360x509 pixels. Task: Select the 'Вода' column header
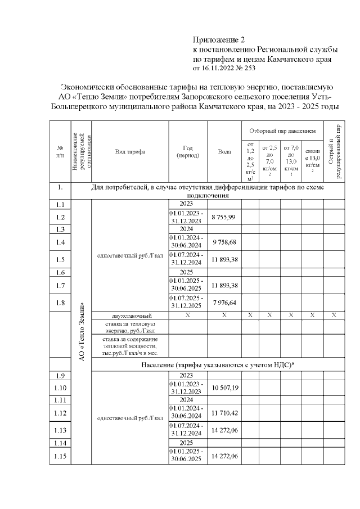(x=224, y=152)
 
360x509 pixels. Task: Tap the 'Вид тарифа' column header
(x=130, y=152)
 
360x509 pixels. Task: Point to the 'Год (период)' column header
(x=188, y=151)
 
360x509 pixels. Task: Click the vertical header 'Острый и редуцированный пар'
(x=334, y=151)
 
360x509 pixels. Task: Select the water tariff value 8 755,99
(x=224, y=217)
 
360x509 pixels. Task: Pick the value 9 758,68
(x=224, y=242)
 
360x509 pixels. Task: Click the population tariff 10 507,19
(x=224, y=388)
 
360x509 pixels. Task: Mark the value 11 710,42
(x=224, y=413)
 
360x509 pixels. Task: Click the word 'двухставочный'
(x=130, y=316)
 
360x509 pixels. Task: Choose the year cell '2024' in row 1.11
(x=187, y=400)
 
